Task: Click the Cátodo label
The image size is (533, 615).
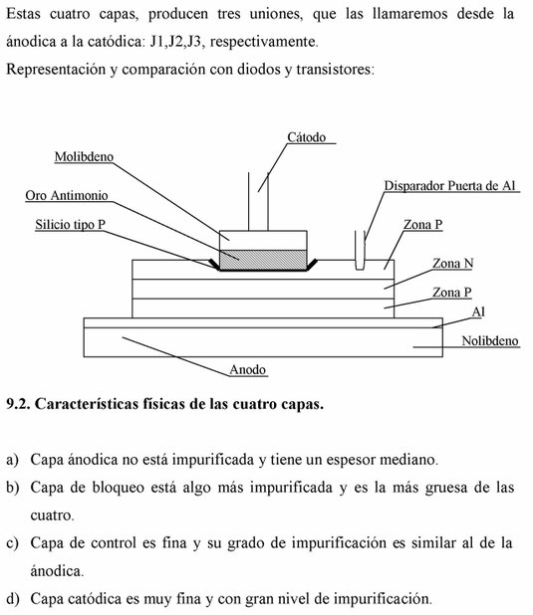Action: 307,137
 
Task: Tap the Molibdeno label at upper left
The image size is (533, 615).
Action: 84,156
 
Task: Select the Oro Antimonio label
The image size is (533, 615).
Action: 67,195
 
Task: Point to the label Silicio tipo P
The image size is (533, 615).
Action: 71,224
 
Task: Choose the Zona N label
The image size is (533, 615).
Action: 453,263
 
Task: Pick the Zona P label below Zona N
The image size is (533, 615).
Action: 451,293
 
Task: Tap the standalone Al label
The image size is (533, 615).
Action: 478,311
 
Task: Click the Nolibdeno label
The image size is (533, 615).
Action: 490,341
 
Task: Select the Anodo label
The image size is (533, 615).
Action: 247,369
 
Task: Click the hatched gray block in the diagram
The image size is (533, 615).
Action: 263,260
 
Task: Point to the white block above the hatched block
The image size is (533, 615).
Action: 263,241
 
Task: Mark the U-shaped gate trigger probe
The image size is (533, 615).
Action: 360,251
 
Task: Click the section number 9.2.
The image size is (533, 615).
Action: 18,404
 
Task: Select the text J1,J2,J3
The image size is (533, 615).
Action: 176,42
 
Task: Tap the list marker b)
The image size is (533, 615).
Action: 13,488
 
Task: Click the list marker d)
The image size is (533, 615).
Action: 13,599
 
